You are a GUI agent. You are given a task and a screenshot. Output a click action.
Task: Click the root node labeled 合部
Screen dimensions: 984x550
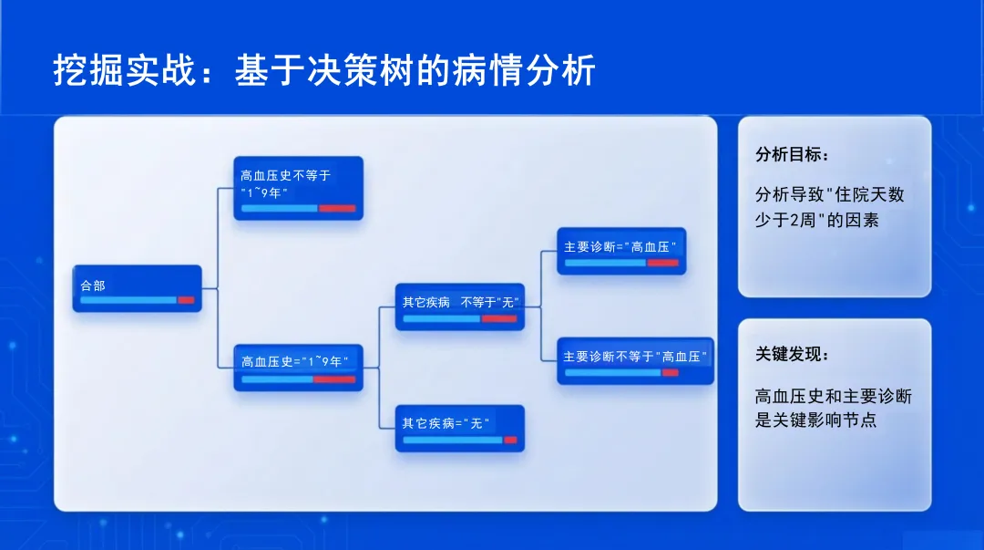137,288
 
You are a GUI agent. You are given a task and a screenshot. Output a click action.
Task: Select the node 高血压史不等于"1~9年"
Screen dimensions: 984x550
298,188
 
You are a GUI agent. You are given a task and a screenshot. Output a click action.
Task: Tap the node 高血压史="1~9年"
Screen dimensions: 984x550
298,368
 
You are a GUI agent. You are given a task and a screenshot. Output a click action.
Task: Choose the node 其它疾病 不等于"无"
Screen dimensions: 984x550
459,306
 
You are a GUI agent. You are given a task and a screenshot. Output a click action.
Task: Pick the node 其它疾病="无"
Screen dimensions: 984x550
459,428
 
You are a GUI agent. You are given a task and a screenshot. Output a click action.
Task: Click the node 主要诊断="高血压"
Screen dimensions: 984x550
621,251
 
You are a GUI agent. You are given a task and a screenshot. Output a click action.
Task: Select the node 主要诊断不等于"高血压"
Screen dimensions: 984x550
635,360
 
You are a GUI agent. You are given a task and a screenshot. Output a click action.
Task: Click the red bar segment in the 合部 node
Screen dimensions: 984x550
186,299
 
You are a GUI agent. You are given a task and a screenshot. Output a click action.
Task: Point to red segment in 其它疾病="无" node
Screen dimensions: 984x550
510,440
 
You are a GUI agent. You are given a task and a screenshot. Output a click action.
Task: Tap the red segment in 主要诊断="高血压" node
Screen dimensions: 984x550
662,263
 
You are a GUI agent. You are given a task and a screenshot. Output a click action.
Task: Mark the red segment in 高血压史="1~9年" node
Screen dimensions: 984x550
334,379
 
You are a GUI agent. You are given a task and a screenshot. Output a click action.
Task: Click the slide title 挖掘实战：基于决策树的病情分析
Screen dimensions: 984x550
324,70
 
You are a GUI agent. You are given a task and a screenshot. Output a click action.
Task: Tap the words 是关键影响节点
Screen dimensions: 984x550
816,420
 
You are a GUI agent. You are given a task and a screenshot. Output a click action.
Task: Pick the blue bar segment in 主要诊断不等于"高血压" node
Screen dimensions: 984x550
612,372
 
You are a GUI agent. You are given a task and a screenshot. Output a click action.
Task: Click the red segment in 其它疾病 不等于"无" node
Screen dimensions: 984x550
499,318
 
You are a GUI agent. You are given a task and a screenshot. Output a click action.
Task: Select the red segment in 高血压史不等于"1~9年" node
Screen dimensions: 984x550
337,208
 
